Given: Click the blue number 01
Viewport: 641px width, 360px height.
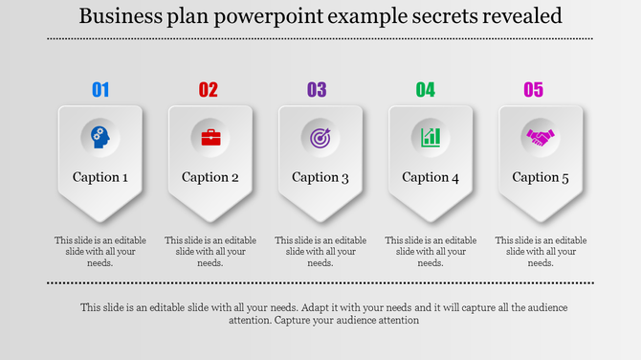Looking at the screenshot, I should click(x=100, y=90).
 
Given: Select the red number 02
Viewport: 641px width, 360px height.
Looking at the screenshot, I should click(x=209, y=90).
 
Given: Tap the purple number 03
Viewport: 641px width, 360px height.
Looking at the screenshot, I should click(x=317, y=90).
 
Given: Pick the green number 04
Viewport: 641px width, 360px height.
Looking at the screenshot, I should click(x=425, y=90).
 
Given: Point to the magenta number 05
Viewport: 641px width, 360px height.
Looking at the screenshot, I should click(x=533, y=90).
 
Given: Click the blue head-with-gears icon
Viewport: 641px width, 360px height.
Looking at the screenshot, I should click(x=100, y=137).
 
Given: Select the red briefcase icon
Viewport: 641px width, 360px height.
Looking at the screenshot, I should click(x=210, y=137).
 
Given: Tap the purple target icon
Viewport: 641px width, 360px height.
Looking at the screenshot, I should click(x=320, y=137).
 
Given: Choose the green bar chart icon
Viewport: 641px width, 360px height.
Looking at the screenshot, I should click(x=431, y=137).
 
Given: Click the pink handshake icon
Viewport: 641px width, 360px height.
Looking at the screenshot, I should click(x=541, y=137).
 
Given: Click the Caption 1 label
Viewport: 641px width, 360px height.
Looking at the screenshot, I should click(x=100, y=177).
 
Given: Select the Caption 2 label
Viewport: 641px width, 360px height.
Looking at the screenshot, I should click(x=210, y=177).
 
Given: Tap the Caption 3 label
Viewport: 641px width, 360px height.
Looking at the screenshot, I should click(x=320, y=177).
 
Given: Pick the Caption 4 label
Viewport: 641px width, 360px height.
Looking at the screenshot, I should click(x=431, y=177).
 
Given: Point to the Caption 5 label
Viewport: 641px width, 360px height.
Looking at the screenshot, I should click(x=541, y=177).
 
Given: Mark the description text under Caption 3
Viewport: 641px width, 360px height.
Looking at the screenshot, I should click(x=320, y=252).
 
